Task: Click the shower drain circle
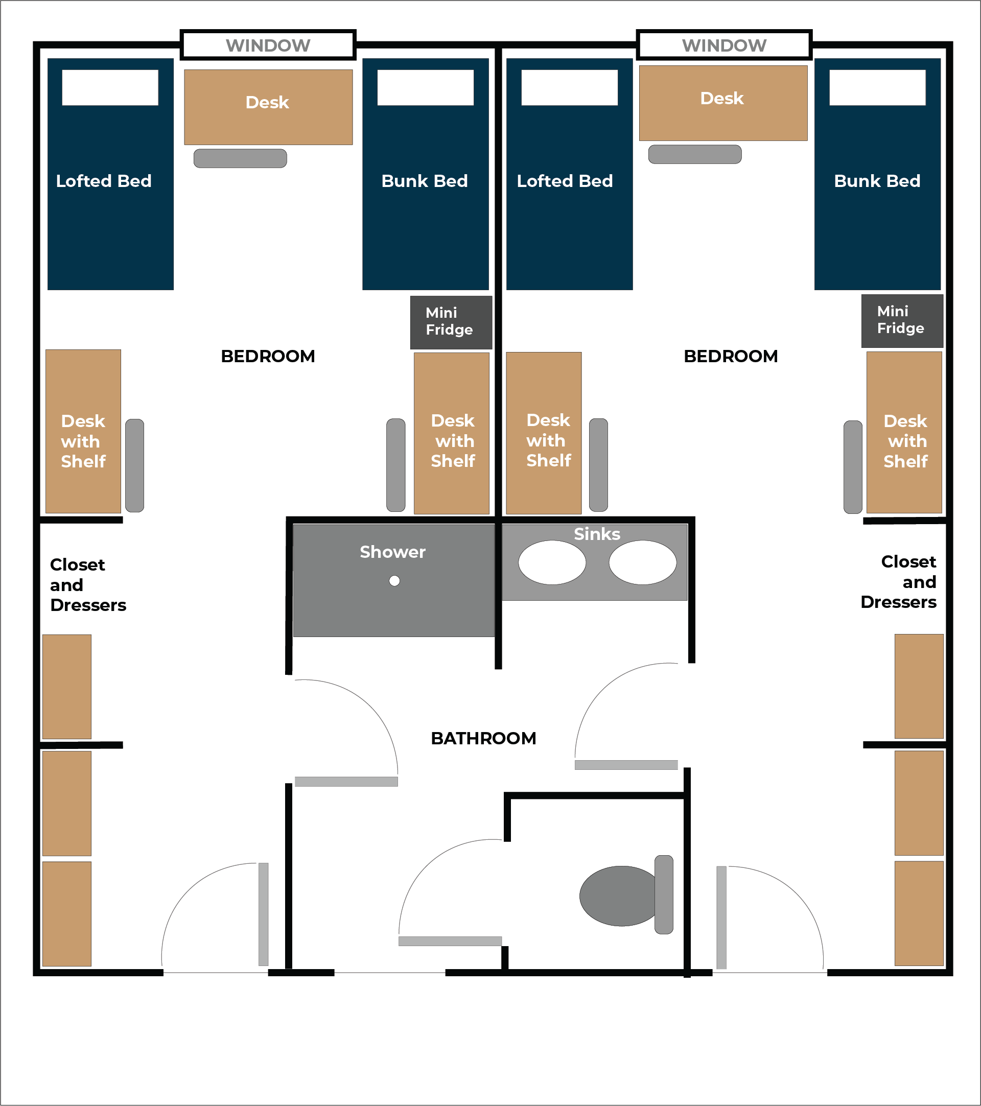(x=394, y=581)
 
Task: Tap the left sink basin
(x=552, y=563)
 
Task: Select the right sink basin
(x=642, y=563)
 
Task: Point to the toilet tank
(x=664, y=895)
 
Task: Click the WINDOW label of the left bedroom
(x=268, y=45)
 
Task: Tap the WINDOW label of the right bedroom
(x=724, y=45)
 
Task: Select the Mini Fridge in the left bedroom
(x=451, y=322)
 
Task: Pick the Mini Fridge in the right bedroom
(x=902, y=320)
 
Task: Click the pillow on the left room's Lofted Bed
(x=110, y=87)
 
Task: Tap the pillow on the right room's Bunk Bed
(x=877, y=87)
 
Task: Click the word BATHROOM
(x=483, y=738)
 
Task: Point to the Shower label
(x=392, y=552)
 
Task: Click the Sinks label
(x=597, y=534)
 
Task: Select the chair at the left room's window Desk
(x=240, y=158)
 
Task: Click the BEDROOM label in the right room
(x=731, y=356)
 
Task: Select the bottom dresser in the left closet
(x=66, y=913)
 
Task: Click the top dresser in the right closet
(x=919, y=686)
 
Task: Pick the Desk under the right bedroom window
(x=723, y=103)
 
